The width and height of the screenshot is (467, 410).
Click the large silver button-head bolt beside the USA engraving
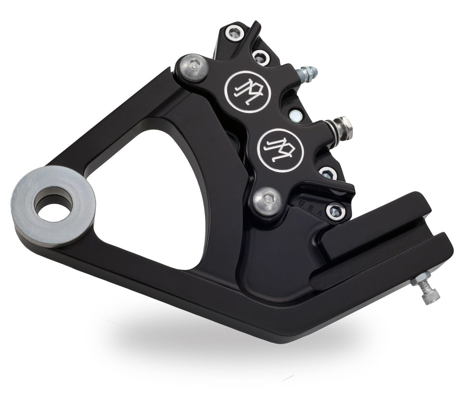click(x=268, y=199)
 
